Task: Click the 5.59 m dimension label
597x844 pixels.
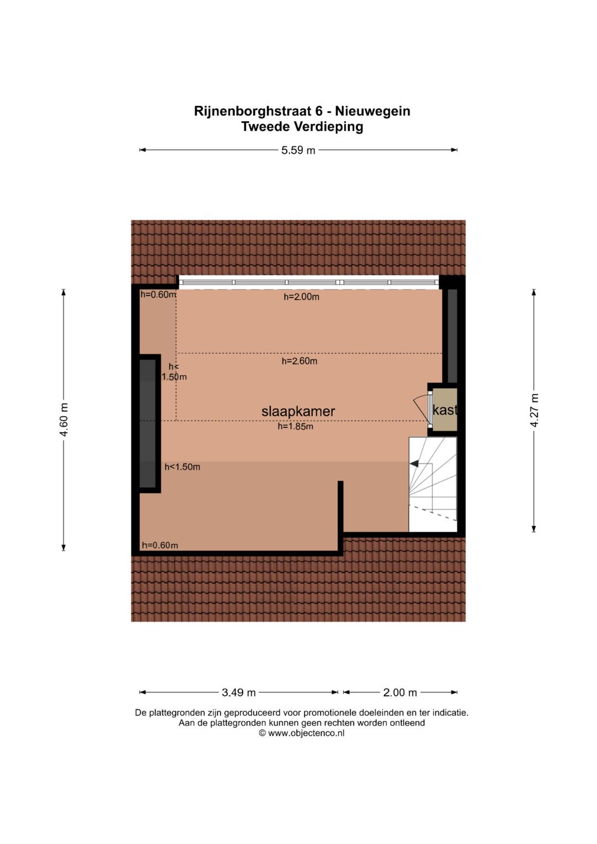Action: tap(298, 150)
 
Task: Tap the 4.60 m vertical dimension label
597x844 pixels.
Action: tap(64, 420)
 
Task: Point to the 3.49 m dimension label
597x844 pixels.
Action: tap(239, 692)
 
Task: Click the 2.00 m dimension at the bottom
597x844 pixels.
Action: tap(400, 692)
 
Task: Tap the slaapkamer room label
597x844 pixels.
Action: tap(298, 411)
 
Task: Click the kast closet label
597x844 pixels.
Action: tap(445, 410)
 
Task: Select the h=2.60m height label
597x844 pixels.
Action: tap(300, 361)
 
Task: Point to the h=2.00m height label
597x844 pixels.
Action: tap(301, 297)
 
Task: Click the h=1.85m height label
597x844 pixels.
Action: tap(296, 426)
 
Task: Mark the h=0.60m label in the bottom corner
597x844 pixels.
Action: tap(160, 545)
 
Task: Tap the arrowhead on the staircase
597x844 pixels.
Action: tap(414, 463)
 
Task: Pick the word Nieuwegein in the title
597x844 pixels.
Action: tap(373, 111)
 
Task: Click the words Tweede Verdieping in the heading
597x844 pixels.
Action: tap(302, 127)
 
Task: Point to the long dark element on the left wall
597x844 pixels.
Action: tap(148, 423)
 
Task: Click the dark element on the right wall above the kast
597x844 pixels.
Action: tap(452, 335)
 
